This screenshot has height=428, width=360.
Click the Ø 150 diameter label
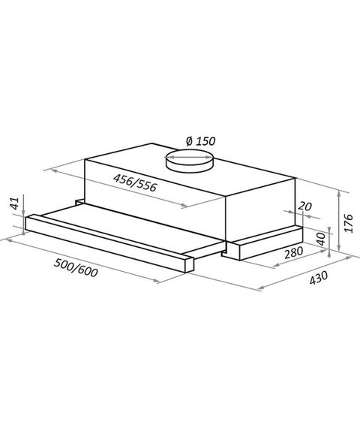[x=201, y=141]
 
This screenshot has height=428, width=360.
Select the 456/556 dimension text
[x=135, y=182]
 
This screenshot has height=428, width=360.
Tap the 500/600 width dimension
[x=76, y=268]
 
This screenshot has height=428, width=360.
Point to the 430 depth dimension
[x=319, y=278]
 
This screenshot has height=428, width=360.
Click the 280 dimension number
[x=293, y=252]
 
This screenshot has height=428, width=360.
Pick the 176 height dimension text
[x=348, y=223]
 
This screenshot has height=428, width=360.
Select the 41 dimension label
[x=15, y=203]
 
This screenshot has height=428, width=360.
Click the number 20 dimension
[x=304, y=206]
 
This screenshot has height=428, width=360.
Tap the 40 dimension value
[x=322, y=239]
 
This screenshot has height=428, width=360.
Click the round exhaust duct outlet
[x=189, y=161]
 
